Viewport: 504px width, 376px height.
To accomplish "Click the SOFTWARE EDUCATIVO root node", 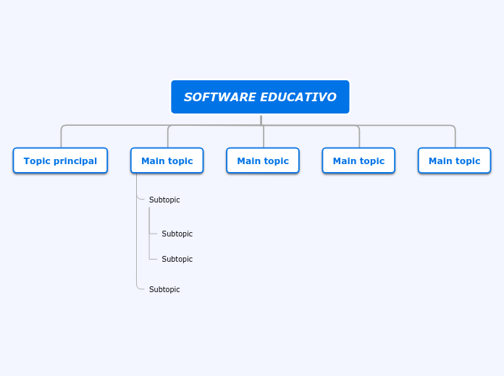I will pyautogui.click(x=260, y=97).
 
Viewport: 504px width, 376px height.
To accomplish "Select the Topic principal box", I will pyautogui.click(x=60, y=161).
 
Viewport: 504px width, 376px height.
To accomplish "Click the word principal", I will pyautogui.click(x=75, y=161).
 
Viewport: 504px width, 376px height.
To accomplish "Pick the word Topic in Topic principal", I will pyautogui.click(x=37, y=161).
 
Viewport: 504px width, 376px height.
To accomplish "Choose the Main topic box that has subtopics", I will pyautogui.click(x=167, y=161).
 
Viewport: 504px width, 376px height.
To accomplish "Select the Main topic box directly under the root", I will pyautogui.click(x=263, y=161).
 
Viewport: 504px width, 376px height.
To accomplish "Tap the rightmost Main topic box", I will pyautogui.click(x=454, y=161).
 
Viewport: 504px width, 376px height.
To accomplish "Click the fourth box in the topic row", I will pyautogui.click(x=358, y=161).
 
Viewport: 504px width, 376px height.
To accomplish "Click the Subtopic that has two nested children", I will pyautogui.click(x=164, y=200).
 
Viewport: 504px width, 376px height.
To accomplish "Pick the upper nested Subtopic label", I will pyautogui.click(x=177, y=234).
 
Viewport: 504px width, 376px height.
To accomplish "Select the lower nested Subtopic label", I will pyautogui.click(x=177, y=259).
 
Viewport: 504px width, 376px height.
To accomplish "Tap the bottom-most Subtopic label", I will pyautogui.click(x=164, y=289).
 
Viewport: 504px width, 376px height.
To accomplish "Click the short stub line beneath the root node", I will pyautogui.click(x=261, y=120).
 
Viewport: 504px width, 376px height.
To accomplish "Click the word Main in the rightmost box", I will pyautogui.click(x=440, y=161).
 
